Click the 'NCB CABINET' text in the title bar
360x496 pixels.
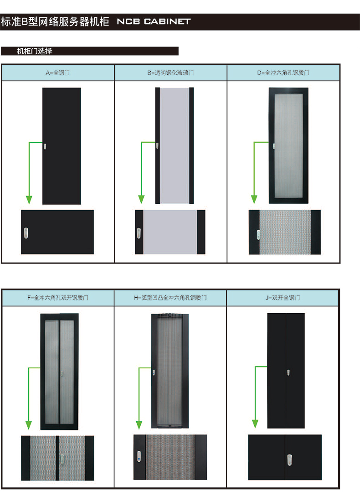tap(154, 21)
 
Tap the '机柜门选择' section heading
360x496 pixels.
tap(35, 51)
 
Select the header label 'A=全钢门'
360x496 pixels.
tap(57, 73)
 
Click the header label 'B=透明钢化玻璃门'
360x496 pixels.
tap(171, 73)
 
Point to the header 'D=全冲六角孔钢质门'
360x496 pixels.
tap(283, 73)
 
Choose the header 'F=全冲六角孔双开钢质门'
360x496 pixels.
tap(58, 298)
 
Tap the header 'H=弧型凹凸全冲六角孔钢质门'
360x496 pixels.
tap(170, 298)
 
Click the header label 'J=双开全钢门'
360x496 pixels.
tap(283, 298)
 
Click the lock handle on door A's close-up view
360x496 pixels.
tap(26, 233)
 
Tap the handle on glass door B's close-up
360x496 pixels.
tap(139, 233)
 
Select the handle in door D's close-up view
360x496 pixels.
tap(258, 234)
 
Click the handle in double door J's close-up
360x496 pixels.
tap(289, 460)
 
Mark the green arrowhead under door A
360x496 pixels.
tap(29, 200)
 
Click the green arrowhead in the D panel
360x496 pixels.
tap(254, 199)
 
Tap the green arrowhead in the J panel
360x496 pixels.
tap(255, 424)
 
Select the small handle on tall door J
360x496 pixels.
tap(288, 372)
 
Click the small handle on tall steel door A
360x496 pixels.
tap(45, 146)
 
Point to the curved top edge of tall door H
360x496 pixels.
tap(170, 315)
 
